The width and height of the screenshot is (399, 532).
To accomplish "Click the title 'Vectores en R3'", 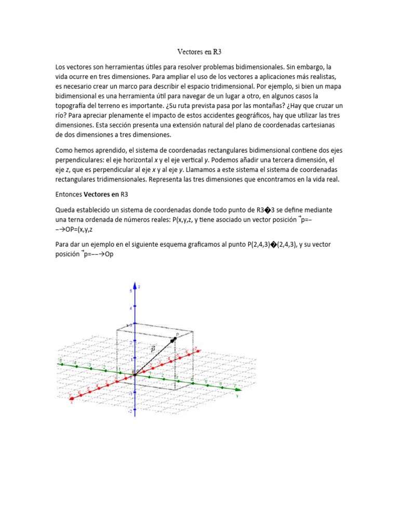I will pyautogui.click(x=199, y=51).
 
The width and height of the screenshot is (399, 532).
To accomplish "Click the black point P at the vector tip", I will pyautogui.click(x=175, y=339).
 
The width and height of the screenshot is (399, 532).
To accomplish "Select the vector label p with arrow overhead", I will pyautogui.click(x=153, y=349).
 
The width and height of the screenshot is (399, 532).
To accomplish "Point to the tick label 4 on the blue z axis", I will pyautogui.click(x=130, y=308).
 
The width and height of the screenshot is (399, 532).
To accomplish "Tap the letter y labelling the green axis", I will pyautogui.click(x=236, y=395).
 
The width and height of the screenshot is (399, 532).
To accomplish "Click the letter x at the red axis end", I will pyautogui.click(x=71, y=402).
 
